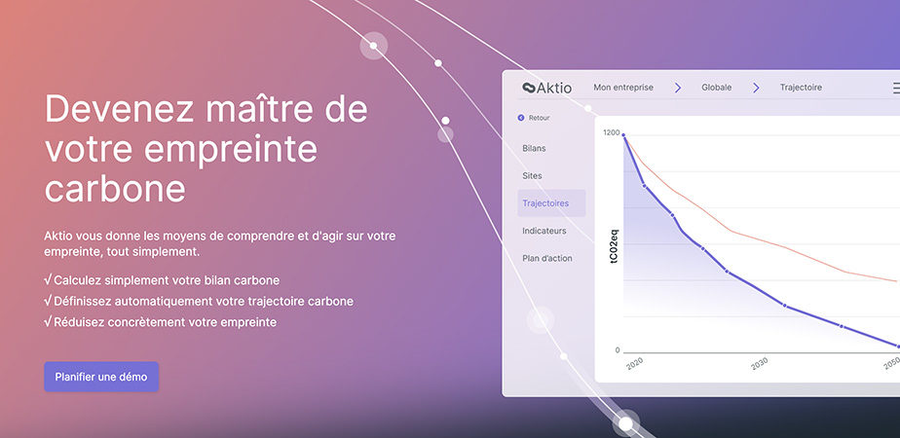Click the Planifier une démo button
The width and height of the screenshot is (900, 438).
(101, 377)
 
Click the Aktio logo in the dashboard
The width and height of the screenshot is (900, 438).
(547, 88)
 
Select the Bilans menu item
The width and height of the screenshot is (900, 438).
(534, 149)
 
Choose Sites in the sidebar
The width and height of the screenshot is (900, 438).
(532, 176)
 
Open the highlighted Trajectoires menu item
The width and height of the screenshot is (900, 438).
(545, 203)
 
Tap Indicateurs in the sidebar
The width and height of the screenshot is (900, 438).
(544, 231)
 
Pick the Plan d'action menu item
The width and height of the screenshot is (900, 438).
(547, 259)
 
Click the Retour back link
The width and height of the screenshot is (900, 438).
(534, 118)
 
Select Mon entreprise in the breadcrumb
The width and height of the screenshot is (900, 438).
(623, 88)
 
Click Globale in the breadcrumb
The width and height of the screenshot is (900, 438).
(716, 88)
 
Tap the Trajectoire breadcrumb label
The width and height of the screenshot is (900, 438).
(801, 88)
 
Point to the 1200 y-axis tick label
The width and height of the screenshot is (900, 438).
(612, 133)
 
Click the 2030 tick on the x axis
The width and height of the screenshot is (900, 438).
(759, 363)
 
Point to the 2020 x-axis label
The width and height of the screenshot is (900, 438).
(634, 363)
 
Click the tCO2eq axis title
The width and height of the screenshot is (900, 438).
(615, 246)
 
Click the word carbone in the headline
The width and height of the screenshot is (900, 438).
(115, 188)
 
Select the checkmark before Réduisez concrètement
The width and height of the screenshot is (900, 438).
(48, 321)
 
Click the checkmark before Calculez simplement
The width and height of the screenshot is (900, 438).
(48, 280)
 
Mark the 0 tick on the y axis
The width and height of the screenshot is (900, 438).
(618, 350)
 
